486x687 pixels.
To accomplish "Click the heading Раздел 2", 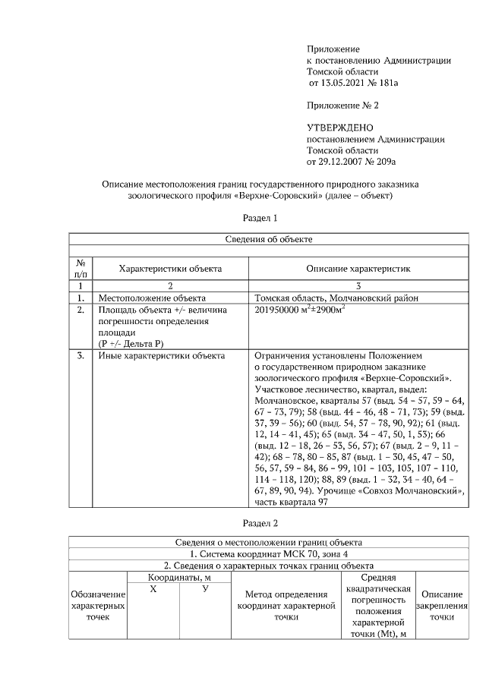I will pyautogui.click(x=260, y=523).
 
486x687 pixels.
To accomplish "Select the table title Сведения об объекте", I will pyautogui.click(x=270, y=239).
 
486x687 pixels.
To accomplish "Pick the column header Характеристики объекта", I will pyautogui.click(x=169, y=268).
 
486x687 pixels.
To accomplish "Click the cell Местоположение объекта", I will pyautogui.click(x=152, y=298).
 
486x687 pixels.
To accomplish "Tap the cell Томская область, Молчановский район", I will pyautogui.click(x=336, y=298).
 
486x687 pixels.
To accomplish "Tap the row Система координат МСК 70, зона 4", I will pyautogui.click(x=268, y=553).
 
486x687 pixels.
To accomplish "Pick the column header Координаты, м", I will pyautogui.click(x=178, y=578).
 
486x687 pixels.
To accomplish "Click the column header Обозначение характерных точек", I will pyautogui.click(x=97, y=605).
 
